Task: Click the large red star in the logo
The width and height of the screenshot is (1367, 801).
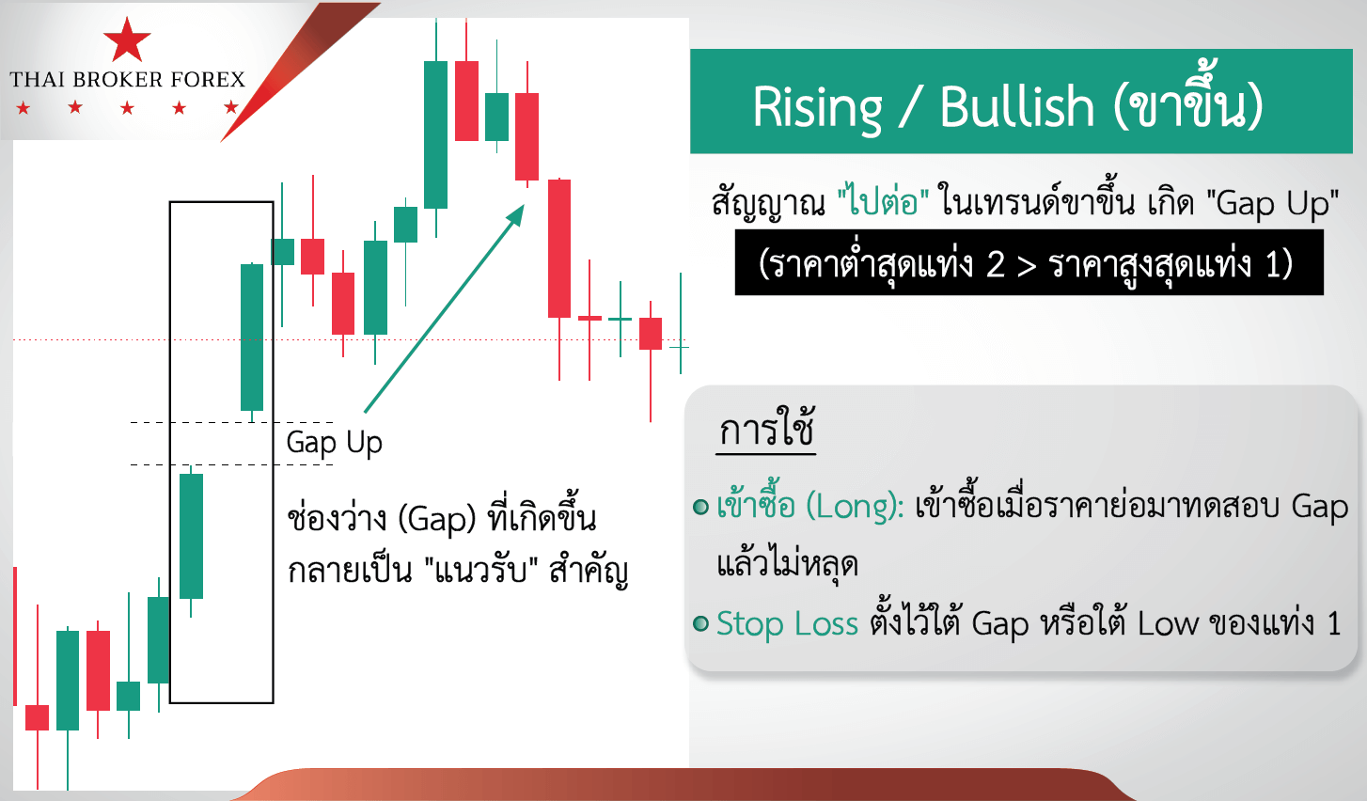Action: (x=127, y=39)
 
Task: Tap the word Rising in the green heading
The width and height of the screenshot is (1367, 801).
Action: (x=817, y=107)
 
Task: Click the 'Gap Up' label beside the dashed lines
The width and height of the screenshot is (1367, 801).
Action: (x=334, y=442)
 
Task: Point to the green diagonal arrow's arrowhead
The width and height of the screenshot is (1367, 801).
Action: (x=516, y=213)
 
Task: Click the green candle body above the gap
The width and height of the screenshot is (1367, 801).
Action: (x=252, y=337)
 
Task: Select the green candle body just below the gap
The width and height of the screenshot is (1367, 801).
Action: (x=192, y=536)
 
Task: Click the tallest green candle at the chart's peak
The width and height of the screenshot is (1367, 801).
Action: (x=435, y=134)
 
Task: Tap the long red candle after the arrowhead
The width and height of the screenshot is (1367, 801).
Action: (x=559, y=248)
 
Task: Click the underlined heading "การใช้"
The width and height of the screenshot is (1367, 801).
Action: (x=766, y=431)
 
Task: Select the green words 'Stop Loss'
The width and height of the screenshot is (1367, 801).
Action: (x=787, y=623)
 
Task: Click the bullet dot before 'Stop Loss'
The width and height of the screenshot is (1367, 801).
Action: (x=700, y=623)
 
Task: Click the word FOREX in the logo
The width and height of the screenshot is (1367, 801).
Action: (x=209, y=80)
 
